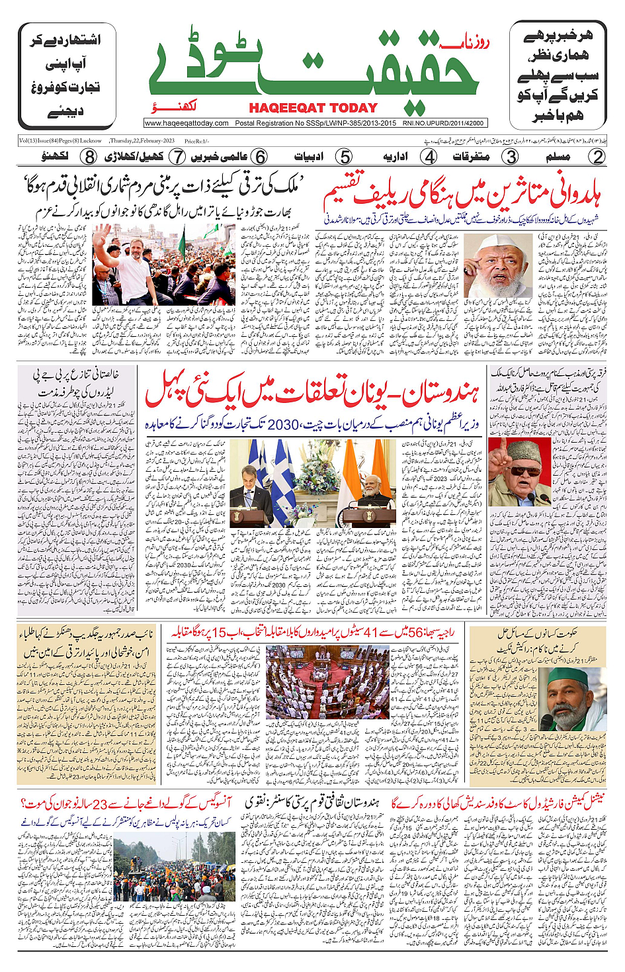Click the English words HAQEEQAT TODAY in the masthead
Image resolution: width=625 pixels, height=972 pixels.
point(313,108)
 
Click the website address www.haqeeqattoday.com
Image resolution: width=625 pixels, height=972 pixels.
point(187,123)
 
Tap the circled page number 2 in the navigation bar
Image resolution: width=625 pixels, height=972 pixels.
point(598,157)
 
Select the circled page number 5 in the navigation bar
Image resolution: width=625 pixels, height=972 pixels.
point(345,157)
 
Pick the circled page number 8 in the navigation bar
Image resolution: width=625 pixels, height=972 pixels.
point(89,157)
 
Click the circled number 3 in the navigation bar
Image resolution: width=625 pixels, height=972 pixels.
point(511,157)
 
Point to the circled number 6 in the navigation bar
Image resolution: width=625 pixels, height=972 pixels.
point(261,157)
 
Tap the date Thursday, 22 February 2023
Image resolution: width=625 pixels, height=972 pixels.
point(142,141)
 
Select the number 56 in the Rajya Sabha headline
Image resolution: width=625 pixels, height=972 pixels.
point(418,633)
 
